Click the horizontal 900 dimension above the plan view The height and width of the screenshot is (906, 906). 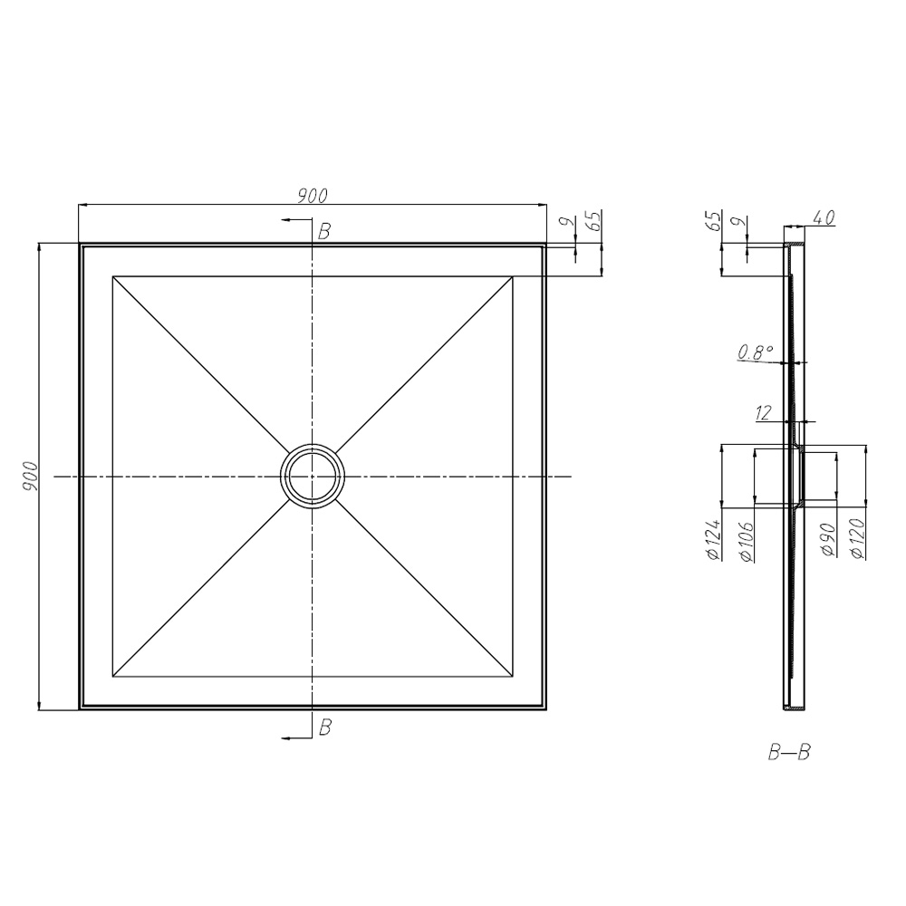pyautogui.click(x=313, y=195)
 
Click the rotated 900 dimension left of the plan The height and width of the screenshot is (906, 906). pyautogui.click(x=30, y=475)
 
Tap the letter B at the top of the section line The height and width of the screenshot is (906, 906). pyautogui.click(x=323, y=232)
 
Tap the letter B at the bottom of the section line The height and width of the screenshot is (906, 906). pyautogui.click(x=323, y=726)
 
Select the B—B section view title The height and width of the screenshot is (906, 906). pyautogui.click(x=788, y=753)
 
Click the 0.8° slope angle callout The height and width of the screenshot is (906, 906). pyautogui.click(x=757, y=352)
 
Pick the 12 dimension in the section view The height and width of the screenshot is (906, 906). pyautogui.click(x=763, y=413)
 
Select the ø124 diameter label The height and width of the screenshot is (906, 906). pyautogui.click(x=713, y=541)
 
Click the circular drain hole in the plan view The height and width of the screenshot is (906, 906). pyautogui.click(x=313, y=476)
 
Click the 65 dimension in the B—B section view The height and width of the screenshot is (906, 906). pyautogui.click(x=713, y=222)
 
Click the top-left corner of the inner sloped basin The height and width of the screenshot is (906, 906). pyautogui.click(x=112, y=276)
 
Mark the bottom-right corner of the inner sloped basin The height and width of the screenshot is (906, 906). pyautogui.click(x=513, y=676)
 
